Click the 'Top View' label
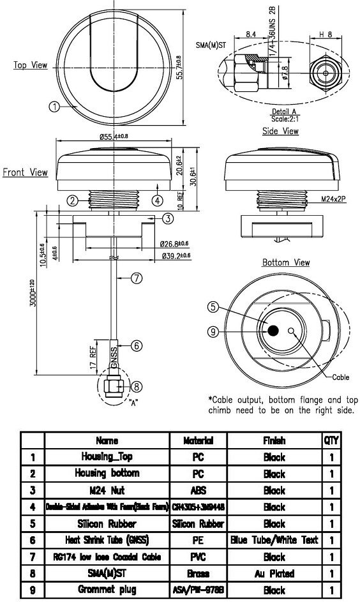pyautogui.click(x=30, y=65)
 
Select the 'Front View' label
pyautogui.click(x=25, y=172)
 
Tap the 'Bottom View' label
pyautogui.click(x=286, y=262)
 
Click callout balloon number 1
pyautogui.click(x=56, y=107)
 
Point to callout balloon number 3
pyautogui.click(x=167, y=219)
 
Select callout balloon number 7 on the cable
pyautogui.click(x=135, y=278)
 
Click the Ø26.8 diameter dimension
pyautogui.click(x=174, y=244)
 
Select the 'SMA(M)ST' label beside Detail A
pyautogui.click(x=209, y=46)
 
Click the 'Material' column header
pyautogui.click(x=197, y=441)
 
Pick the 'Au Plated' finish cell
pyautogui.click(x=274, y=573)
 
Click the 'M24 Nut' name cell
pyautogui.click(x=107, y=490)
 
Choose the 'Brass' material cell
pyautogui.click(x=197, y=573)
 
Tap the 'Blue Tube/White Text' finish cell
pyautogui.click(x=274, y=540)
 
